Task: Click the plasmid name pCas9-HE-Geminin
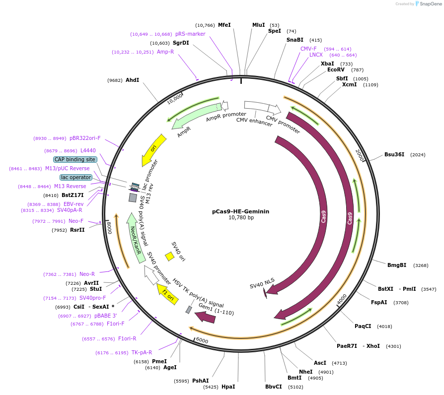tap(240, 211)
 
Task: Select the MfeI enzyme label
tap(224, 25)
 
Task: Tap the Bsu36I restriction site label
tap(394, 154)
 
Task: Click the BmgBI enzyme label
tap(397, 265)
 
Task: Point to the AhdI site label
tap(132, 80)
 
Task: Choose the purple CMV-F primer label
tap(308, 49)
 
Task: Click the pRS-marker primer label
tap(190, 34)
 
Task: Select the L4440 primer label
tap(88, 150)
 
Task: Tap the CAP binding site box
tap(75, 159)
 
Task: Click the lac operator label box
tap(76, 177)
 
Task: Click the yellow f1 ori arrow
tap(167, 294)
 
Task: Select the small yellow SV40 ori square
tap(169, 256)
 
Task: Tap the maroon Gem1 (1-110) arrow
tap(205, 316)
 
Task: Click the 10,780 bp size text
tap(241, 217)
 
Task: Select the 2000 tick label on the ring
tap(360, 154)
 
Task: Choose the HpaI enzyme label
tap(228, 386)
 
